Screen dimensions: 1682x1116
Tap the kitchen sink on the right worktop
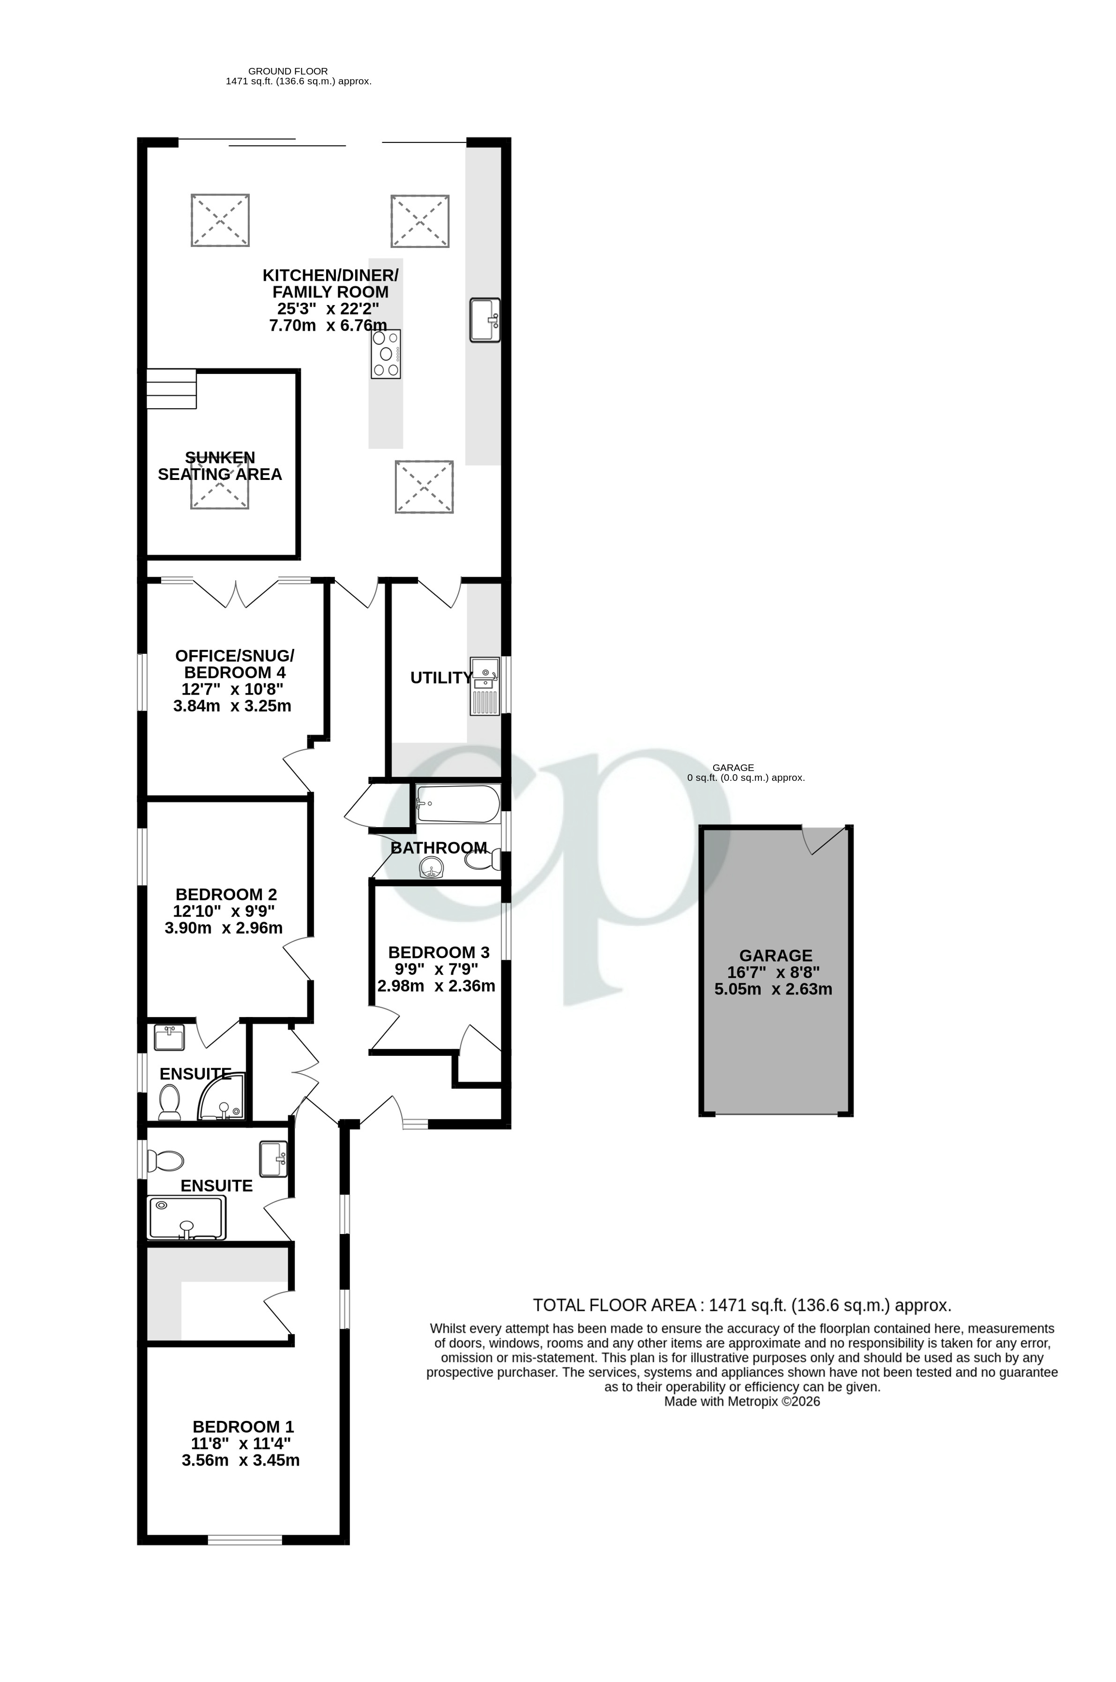pyautogui.click(x=485, y=320)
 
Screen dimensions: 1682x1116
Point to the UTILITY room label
pyautogui.click(x=440, y=678)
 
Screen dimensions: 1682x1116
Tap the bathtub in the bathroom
pyautogui.click(x=458, y=804)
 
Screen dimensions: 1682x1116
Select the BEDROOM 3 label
pyautogui.click(x=439, y=952)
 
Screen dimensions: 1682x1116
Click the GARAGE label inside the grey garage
pyautogui.click(x=775, y=955)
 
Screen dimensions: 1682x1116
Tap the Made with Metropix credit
pyautogui.click(x=742, y=1402)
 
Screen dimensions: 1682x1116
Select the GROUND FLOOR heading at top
pyautogui.click(x=288, y=71)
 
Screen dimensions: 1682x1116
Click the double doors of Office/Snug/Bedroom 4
pyautogui.click(x=236, y=593)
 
